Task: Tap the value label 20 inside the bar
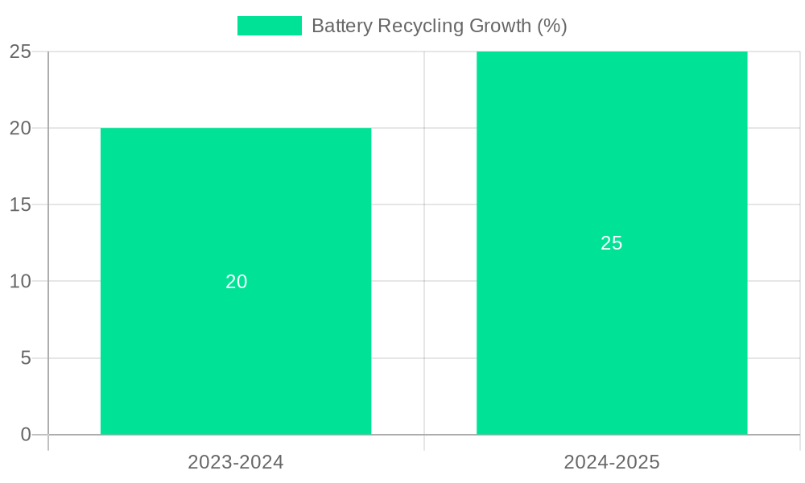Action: coord(236,282)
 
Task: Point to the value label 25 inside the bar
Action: coord(612,243)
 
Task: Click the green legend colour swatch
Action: coord(270,26)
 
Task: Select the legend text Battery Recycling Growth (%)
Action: coord(439,26)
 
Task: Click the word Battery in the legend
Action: coord(337,26)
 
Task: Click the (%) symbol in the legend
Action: coord(552,26)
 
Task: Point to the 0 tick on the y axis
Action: coord(26,435)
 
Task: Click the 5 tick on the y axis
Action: coord(26,357)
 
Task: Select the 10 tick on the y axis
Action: coord(20,281)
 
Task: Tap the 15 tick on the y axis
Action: coord(20,204)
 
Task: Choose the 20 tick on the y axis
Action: coord(20,128)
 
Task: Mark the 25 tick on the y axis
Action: coord(20,52)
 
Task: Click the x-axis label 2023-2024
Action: coord(236,462)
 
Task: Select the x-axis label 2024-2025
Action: coord(612,462)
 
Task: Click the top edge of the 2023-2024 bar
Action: coord(236,129)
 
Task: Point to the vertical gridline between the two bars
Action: coord(424,242)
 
